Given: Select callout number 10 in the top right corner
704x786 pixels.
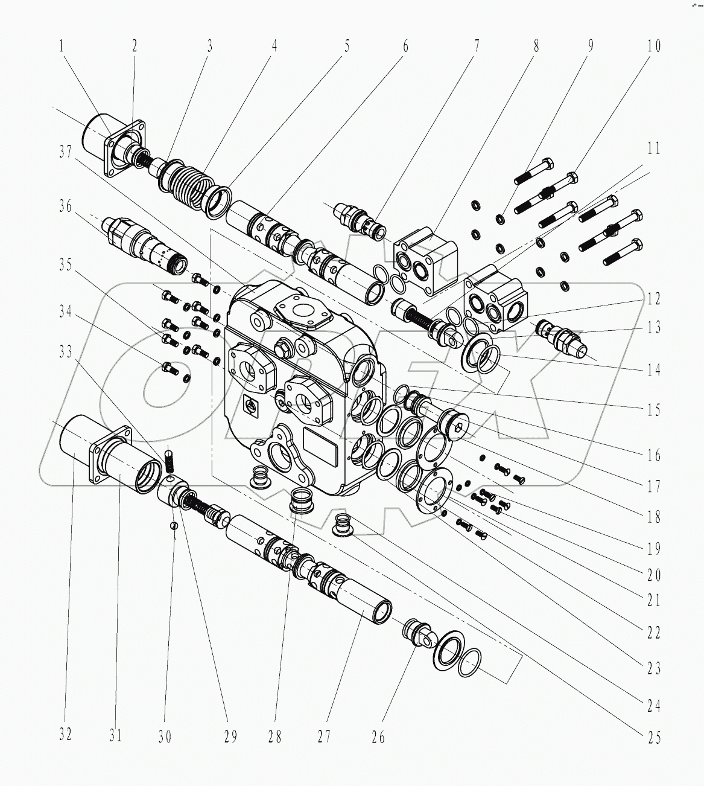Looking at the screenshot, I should click(x=653, y=46).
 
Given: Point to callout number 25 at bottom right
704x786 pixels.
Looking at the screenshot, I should click(x=653, y=736).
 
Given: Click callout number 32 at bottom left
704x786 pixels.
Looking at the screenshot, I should click(x=65, y=734).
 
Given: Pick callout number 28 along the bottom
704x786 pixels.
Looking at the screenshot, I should click(x=274, y=736).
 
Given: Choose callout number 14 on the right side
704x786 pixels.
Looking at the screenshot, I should click(x=653, y=369).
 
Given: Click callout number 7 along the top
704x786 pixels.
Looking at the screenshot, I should click(x=477, y=46).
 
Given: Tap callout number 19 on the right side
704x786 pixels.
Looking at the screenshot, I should click(x=653, y=548).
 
